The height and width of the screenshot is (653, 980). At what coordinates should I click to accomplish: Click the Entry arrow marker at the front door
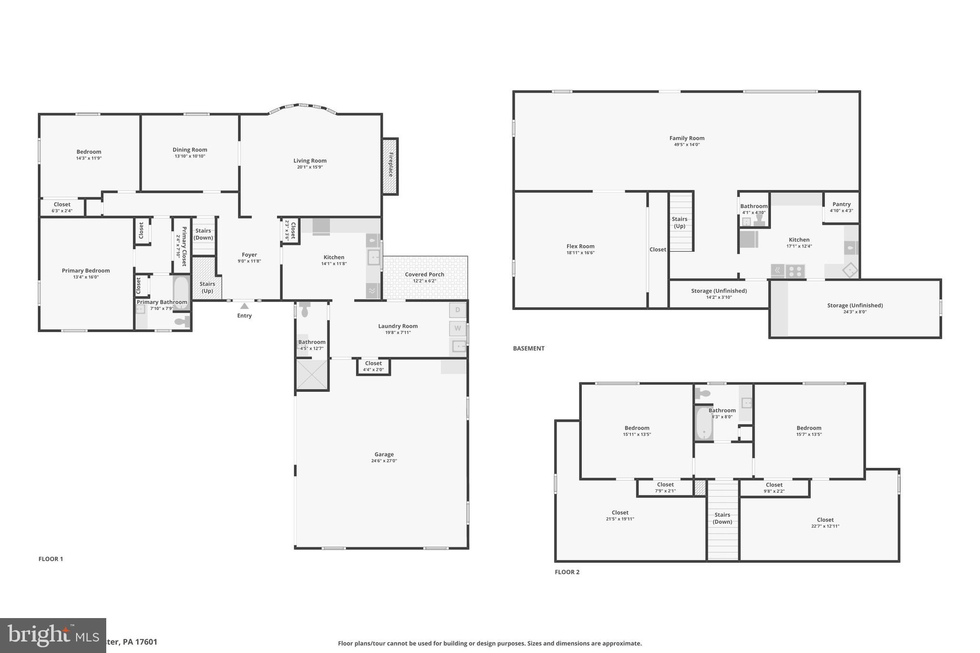245,306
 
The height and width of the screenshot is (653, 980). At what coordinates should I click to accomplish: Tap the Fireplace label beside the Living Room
390,165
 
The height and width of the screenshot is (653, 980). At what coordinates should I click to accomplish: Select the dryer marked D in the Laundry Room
457,310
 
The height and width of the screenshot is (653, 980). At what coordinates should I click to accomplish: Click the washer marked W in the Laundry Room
457,328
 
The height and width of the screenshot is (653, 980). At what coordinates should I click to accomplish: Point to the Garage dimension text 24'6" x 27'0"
384,461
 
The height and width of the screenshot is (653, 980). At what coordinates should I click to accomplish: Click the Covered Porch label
424,274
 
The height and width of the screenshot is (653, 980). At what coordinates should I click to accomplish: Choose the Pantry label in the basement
841,204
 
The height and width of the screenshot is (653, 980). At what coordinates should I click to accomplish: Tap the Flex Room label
580,246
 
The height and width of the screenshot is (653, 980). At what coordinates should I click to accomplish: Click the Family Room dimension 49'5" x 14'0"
687,144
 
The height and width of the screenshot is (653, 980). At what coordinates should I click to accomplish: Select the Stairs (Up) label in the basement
679,222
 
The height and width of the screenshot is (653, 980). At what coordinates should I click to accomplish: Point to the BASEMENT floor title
528,348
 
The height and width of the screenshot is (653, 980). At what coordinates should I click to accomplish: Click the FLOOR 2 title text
567,572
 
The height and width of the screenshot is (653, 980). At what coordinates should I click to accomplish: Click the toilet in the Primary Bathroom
181,322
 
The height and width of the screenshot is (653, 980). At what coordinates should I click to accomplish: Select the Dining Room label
189,150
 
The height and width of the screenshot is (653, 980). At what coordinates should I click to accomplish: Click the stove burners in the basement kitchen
795,271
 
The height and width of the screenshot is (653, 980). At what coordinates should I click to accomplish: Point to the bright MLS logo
53,635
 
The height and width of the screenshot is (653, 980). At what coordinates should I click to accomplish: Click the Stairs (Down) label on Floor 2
722,518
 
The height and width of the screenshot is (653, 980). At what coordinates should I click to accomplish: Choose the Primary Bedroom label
86,270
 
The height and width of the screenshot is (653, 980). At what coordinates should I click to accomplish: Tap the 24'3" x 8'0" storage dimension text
855,312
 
